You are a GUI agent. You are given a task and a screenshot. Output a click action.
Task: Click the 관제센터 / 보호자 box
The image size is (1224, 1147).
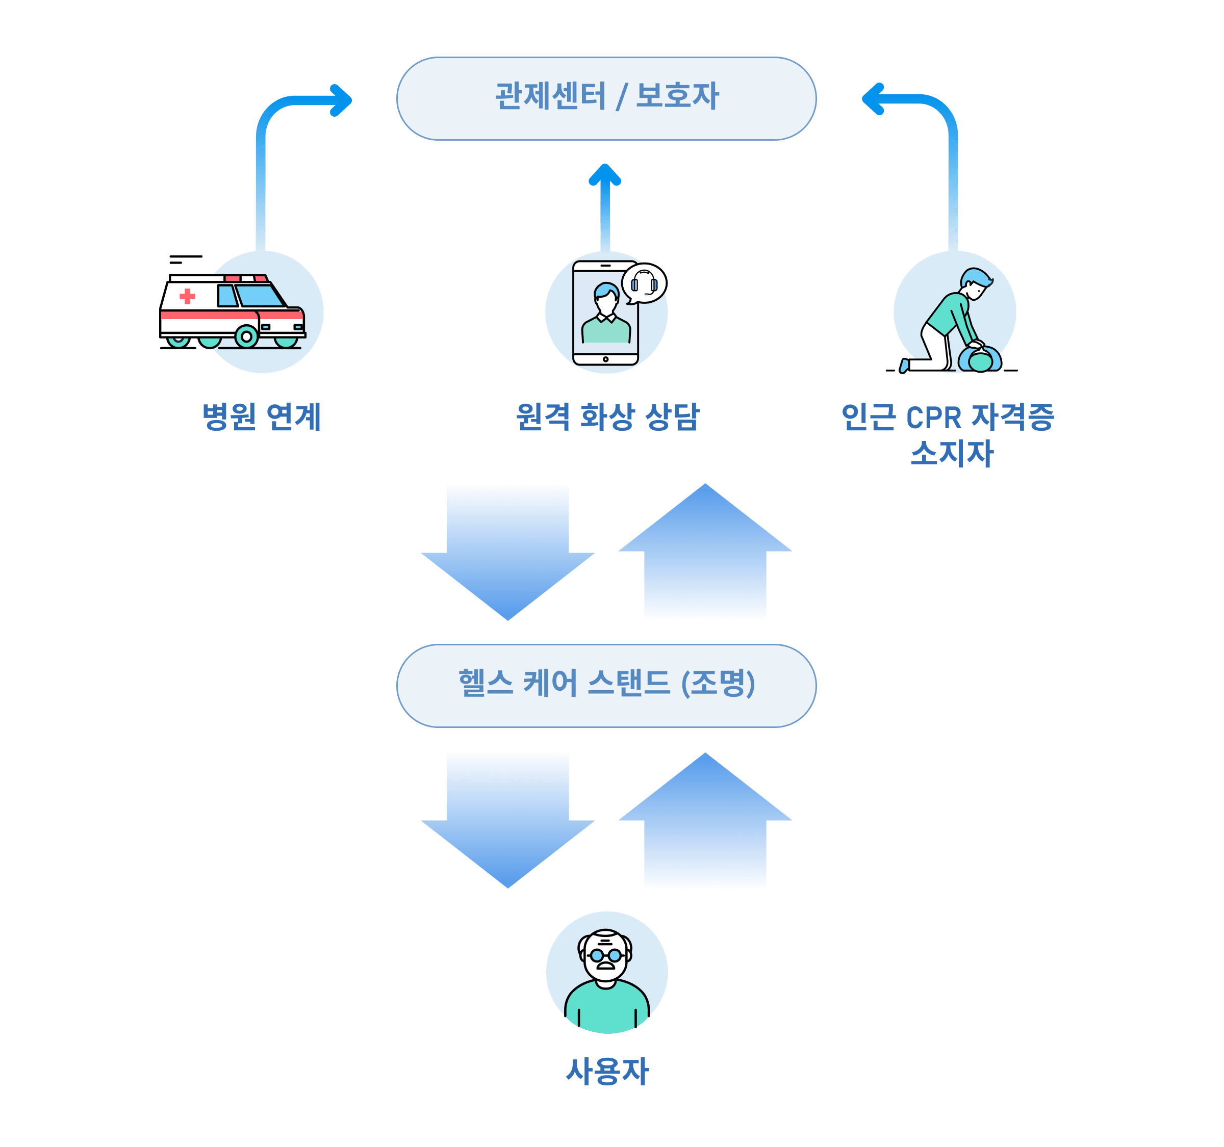point(606,98)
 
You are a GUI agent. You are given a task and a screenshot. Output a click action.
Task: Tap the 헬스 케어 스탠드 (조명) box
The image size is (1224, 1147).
point(606,686)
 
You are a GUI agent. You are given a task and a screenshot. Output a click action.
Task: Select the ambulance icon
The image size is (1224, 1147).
point(233,311)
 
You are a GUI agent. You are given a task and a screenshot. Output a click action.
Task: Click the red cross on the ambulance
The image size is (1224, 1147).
point(187,297)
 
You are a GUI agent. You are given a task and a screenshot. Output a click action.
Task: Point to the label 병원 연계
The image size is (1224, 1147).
point(262,416)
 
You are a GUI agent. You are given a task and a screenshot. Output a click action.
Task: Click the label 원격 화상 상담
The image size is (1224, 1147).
point(608,416)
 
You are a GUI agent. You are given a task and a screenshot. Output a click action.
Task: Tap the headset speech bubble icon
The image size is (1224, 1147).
point(644,283)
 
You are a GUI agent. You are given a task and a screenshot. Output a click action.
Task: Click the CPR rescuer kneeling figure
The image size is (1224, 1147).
point(951,320)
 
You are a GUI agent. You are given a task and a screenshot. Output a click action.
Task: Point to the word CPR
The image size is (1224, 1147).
point(933,418)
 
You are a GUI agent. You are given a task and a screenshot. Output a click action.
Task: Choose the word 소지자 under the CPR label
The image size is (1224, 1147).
point(951,454)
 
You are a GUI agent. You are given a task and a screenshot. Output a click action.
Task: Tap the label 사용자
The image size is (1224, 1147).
point(607,1072)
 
